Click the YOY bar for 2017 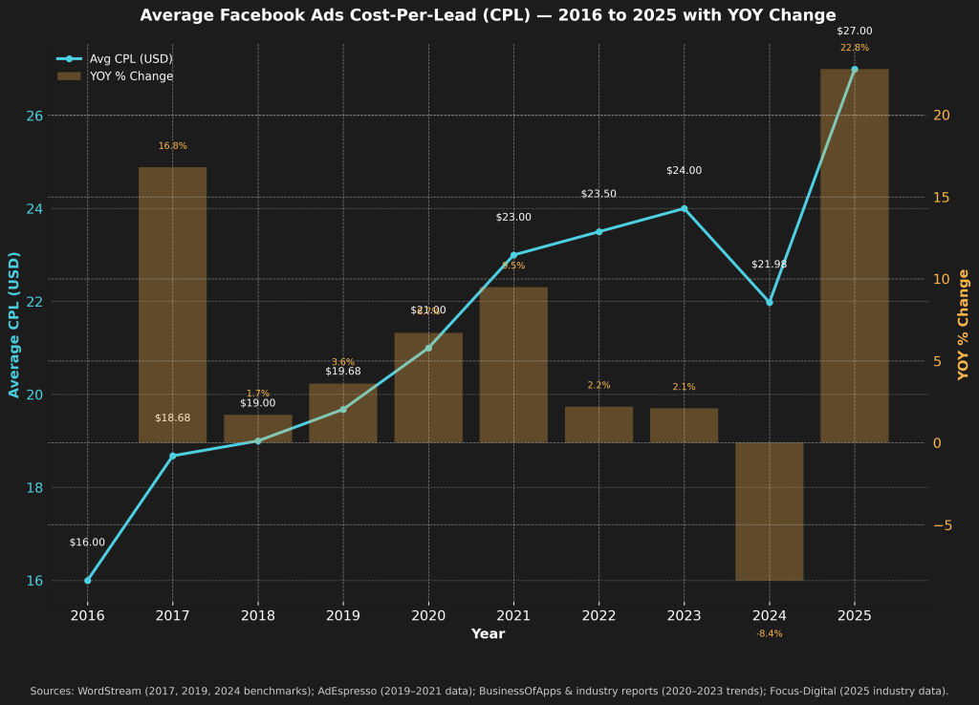click(x=172, y=305)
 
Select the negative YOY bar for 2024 click(x=769, y=511)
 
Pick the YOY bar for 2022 click(x=598, y=424)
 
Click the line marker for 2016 click(x=87, y=580)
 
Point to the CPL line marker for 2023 click(x=684, y=208)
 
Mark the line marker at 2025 click(x=854, y=69)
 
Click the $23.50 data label click(x=598, y=194)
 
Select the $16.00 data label click(x=87, y=543)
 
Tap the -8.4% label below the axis click(x=769, y=633)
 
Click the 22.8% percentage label click(x=854, y=48)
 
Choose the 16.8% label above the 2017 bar click(x=172, y=146)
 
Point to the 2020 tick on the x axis click(x=428, y=615)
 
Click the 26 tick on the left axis click(x=34, y=116)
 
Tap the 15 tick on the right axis click(x=941, y=198)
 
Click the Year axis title click(x=488, y=634)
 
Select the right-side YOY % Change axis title click(x=964, y=325)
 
